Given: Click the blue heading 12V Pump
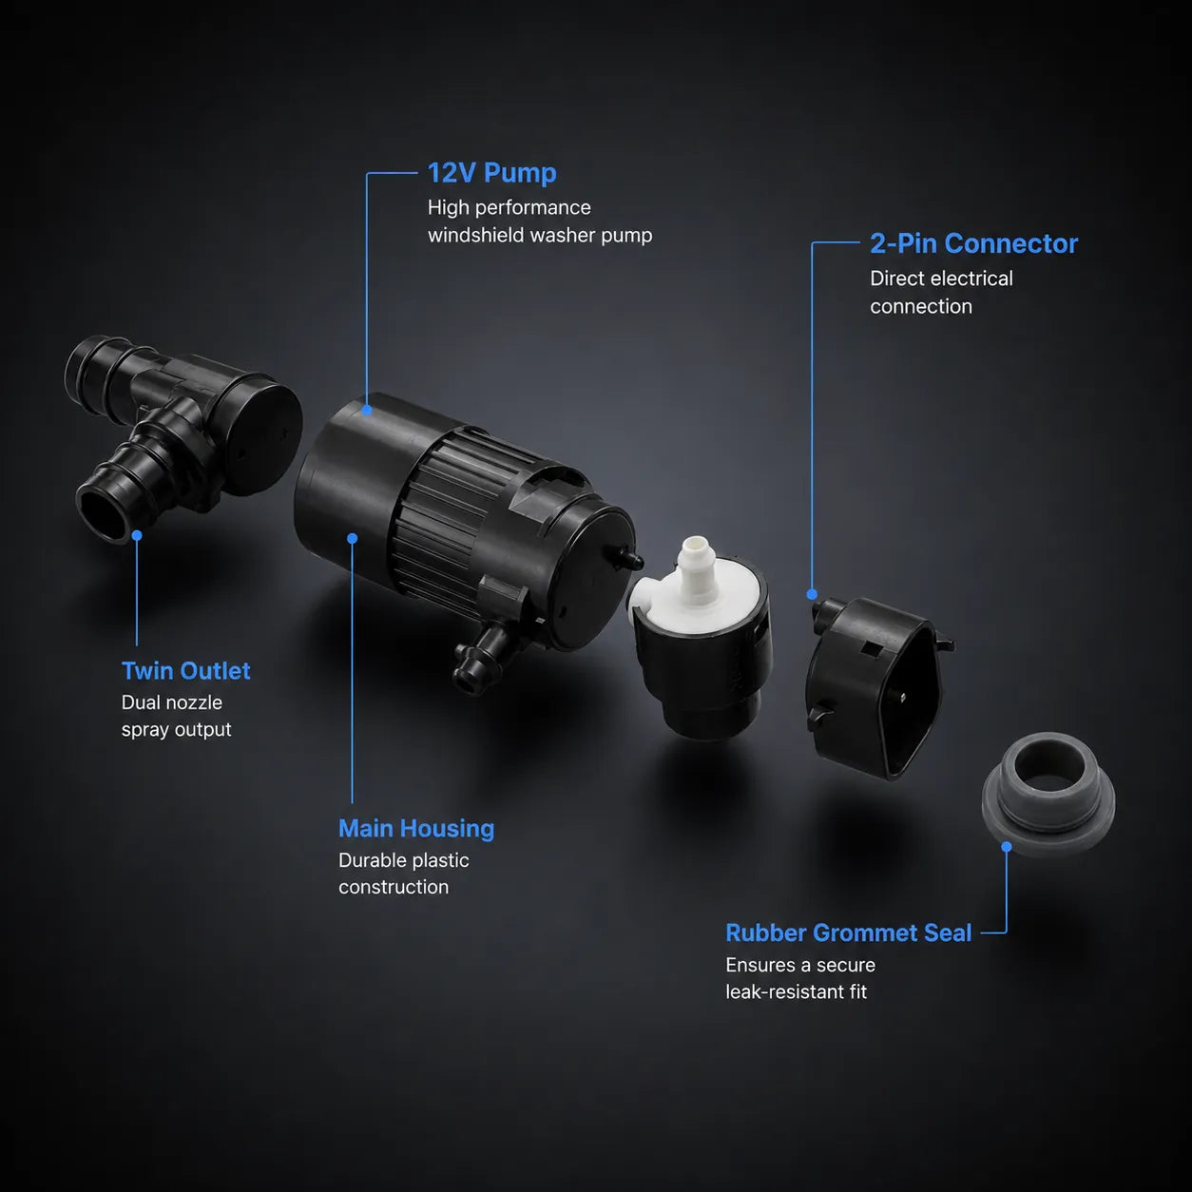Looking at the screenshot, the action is (x=491, y=173).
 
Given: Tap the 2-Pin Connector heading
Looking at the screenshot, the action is (x=973, y=243).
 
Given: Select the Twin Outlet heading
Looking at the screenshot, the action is (x=185, y=670).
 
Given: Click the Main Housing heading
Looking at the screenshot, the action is (x=416, y=828).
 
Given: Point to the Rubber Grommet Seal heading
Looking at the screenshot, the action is (x=848, y=932).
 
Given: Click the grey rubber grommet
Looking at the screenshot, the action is (x=1048, y=794).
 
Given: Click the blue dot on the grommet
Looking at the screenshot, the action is (x=1007, y=846).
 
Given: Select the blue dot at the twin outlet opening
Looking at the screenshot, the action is (x=137, y=535).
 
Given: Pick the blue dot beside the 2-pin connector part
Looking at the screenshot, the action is (x=812, y=594).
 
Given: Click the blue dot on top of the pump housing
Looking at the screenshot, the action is (x=367, y=410).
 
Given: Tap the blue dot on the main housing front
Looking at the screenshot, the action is (x=353, y=539).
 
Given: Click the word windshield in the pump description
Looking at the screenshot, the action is (x=476, y=235).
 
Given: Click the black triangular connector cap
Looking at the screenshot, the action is (x=878, y=686).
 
